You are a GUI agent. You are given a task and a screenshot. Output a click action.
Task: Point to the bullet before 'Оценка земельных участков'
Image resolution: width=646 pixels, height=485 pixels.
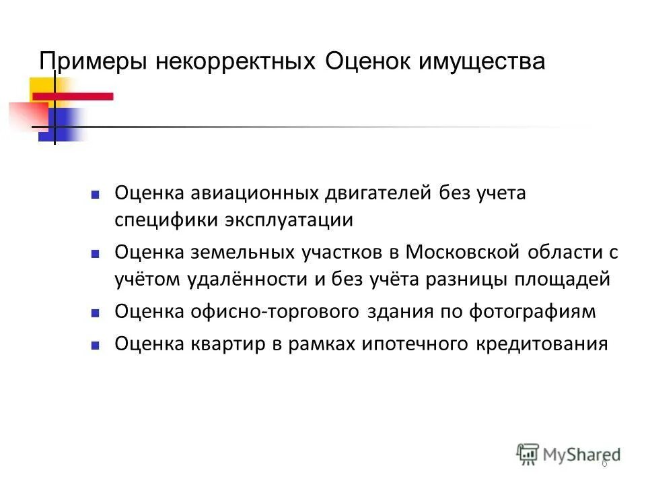click(95, 254)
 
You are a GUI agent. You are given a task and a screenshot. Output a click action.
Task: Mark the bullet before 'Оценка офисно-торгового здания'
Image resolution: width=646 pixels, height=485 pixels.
click(95, 313)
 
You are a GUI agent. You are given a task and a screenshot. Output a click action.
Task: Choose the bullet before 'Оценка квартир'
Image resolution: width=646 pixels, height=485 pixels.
click(95, 346)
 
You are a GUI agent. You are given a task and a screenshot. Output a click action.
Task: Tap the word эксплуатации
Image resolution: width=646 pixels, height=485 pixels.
click(292, 220)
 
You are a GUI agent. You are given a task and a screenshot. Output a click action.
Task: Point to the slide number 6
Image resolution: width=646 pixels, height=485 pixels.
click(604, 463)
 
